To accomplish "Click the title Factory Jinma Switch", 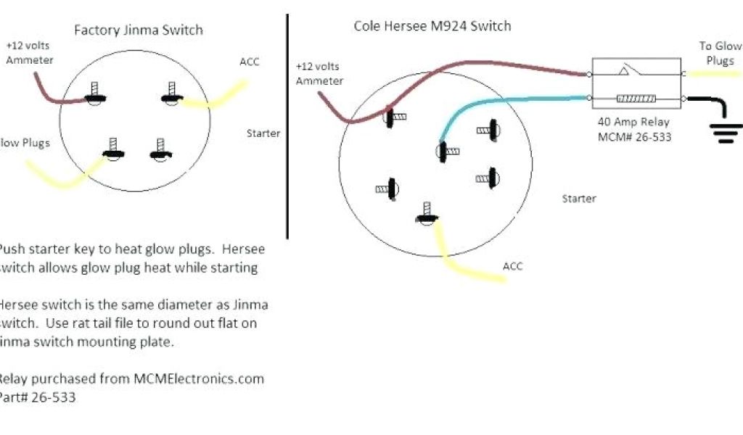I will click(139, 30).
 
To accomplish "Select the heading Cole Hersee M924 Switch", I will click(432, 26).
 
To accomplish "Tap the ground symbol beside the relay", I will click(726, 131).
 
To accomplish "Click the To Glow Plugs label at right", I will click(720, 54).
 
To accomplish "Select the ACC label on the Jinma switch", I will click(250, 62).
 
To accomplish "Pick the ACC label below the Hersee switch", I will click(513, 267).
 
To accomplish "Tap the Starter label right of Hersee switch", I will click(579, 198).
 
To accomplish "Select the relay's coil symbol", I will click(636, 98).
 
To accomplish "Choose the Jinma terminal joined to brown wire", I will click(94, 96).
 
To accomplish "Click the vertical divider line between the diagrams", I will click(287, 127).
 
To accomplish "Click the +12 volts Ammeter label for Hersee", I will click(319, 73).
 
